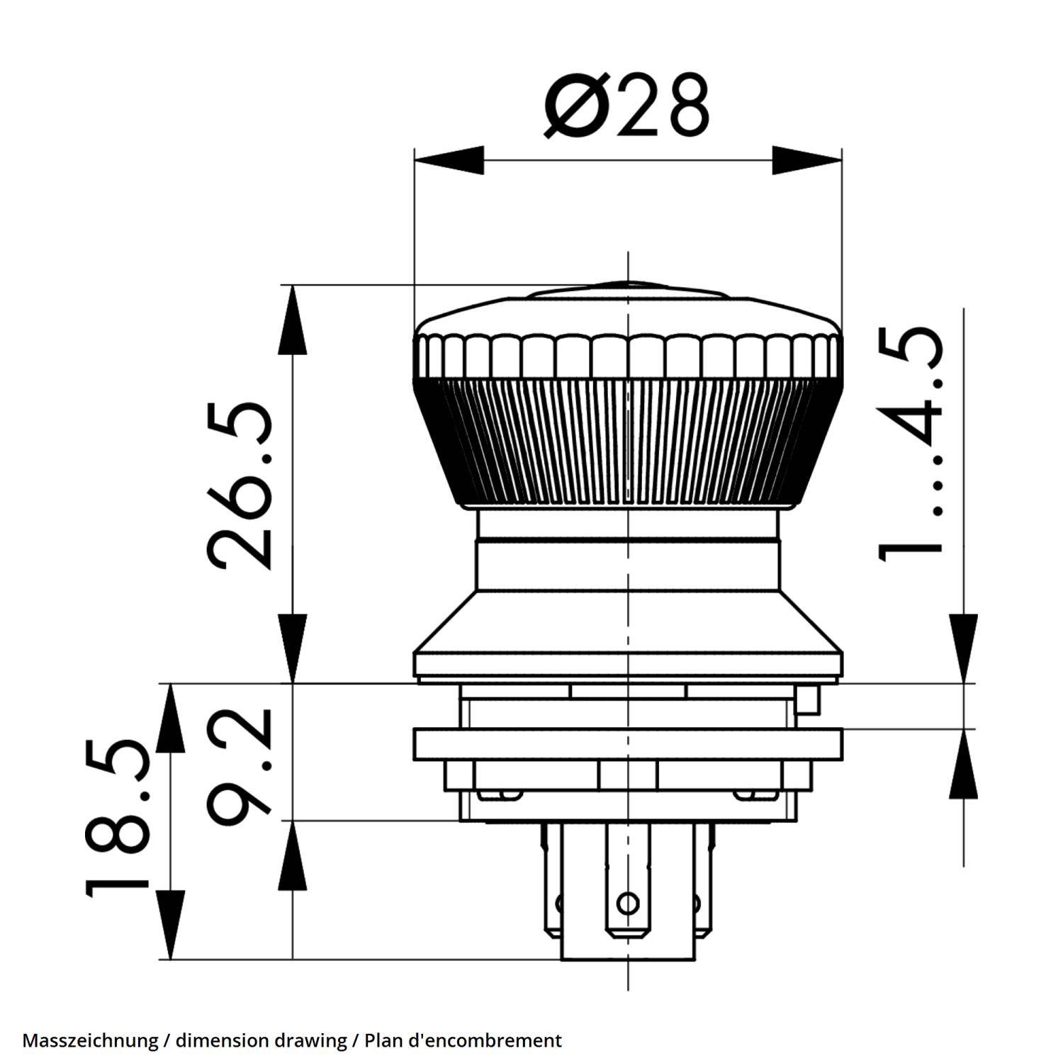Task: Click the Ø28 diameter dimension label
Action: pyautogui.click(x=626, y=105)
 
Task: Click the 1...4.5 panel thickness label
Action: pyautogui.click(x=911, y=443)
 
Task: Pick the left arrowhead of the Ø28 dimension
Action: pyautogui.click(x=449, y=160)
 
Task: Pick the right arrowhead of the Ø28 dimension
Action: pyautogui.click(x=807, y=160)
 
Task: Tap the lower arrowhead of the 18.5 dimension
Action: pyautogui.click(x=170, y=925)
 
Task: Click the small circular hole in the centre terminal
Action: pyautogui.click(x=627, y=904)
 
